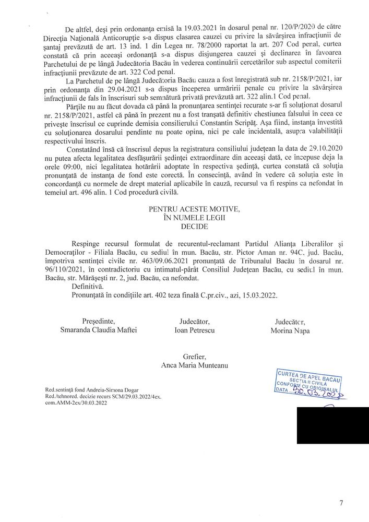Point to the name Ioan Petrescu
pyautogui.click(x=194, y=330)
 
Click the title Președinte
pyautogui.click(x=98, y=321)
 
